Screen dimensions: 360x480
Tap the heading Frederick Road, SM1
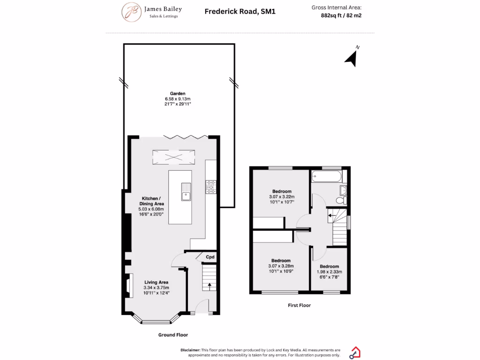click(240, 11)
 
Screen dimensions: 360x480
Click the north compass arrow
click(352, 58)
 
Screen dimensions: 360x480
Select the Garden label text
click(178, 94)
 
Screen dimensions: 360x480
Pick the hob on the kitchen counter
click(210, 187)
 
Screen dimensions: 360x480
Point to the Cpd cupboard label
click(210, 257)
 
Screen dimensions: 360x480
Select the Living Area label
click(156, 282)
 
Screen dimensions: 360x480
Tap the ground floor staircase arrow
click(209, 284)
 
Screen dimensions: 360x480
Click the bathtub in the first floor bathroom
click(327, 177)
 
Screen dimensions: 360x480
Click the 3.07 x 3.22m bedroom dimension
click(282, 197)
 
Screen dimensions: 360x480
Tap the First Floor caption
click(299, 305)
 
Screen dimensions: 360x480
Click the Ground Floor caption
click(173, 335)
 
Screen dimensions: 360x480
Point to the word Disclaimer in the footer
click(190, 350)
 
